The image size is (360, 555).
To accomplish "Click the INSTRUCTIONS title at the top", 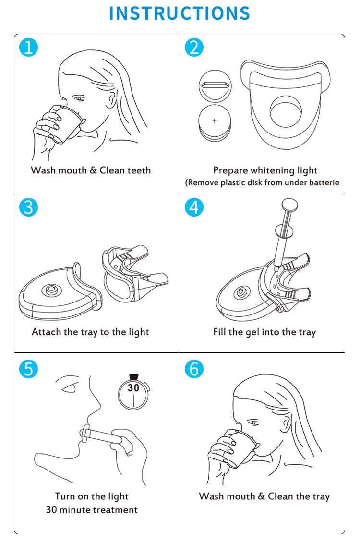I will click(180, 13).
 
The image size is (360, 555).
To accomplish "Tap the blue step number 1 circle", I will click(28, 48).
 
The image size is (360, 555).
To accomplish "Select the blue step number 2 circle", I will click(194, 48).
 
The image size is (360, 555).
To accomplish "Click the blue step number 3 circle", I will click(28, 207).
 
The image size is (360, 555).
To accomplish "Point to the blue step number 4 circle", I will click(194, 207).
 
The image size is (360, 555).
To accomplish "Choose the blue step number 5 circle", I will click(28, 369).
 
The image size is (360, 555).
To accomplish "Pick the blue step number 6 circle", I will click(194, 369).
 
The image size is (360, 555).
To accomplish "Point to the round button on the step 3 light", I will click(50, 289).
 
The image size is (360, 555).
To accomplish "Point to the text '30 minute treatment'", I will click(92, 510).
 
